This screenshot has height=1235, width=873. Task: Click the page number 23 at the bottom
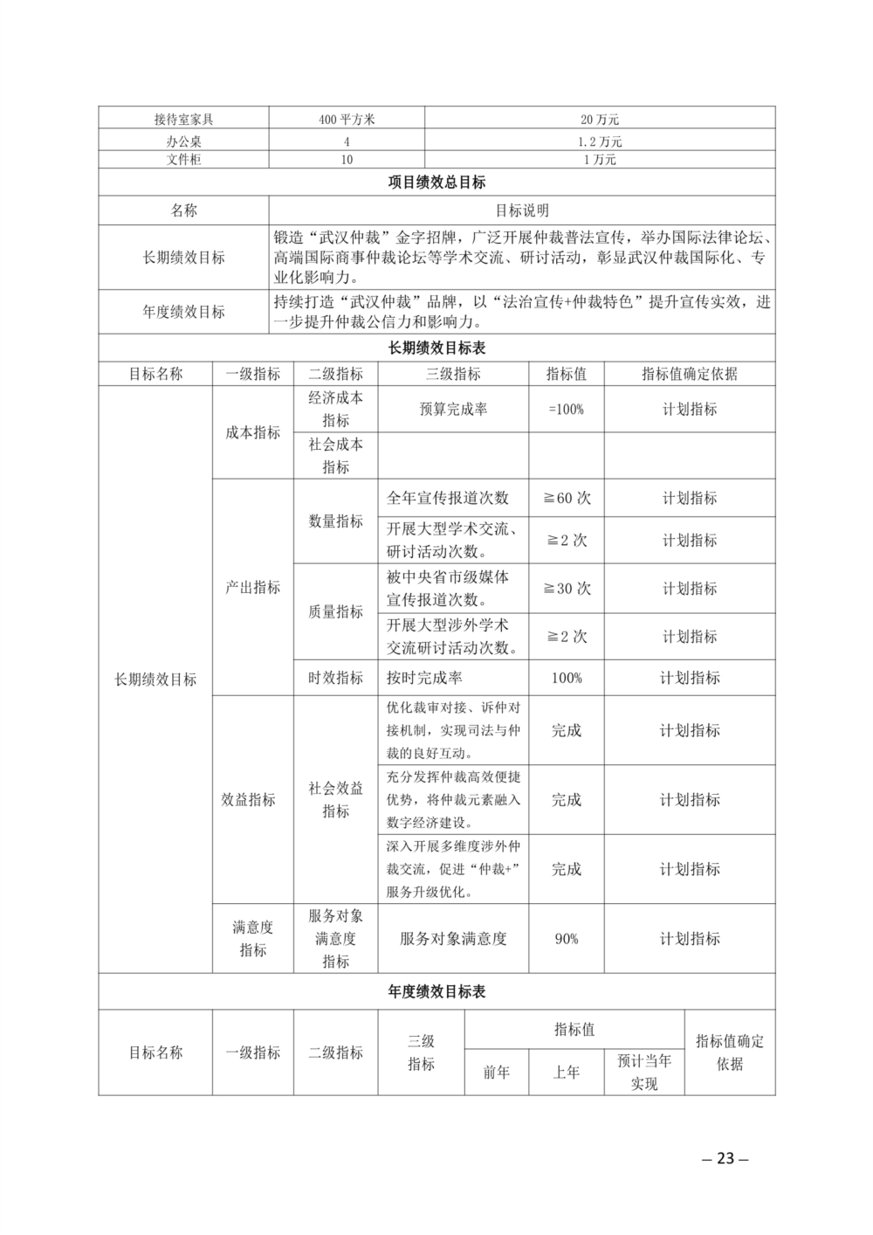coord(725,1159)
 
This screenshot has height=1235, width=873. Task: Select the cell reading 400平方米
coord(347,120)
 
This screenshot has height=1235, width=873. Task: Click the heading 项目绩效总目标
coord(436,183)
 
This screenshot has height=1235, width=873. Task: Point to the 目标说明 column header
coord(522,210)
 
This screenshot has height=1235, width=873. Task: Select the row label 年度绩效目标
coord(183,312)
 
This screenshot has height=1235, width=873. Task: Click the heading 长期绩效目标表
coord(436,348)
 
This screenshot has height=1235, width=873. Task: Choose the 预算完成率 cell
coord(453,409)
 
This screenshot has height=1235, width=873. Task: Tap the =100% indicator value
coord(566,409)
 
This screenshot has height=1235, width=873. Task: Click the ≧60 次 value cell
coord(567,498)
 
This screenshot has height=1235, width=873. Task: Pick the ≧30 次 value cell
coord(567,589)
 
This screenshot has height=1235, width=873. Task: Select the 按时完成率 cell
coord(424,678)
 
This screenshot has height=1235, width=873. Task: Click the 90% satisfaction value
coord(567,939)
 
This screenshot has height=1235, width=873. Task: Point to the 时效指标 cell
coord(335,678)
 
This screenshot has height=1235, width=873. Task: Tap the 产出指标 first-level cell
coord(253,588)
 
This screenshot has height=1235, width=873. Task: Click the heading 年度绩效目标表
coord(436,992)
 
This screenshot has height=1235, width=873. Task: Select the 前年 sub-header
coord(497,1073)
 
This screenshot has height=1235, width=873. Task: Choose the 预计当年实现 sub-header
coord(644,1073)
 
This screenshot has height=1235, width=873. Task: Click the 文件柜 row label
coord(183,160)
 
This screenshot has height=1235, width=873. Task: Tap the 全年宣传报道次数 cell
coord(448,498)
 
